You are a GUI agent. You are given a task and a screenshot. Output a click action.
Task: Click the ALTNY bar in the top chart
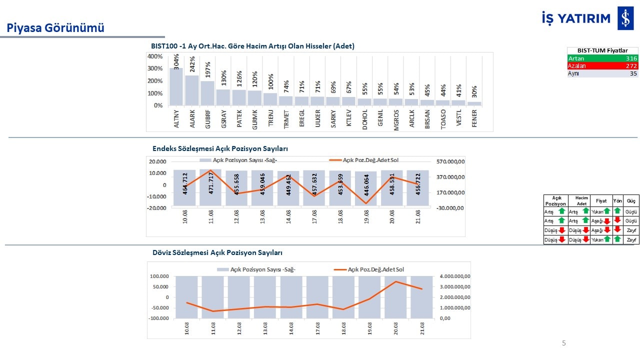[176, 86]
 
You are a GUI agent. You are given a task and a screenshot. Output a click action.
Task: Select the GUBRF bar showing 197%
[207, 93]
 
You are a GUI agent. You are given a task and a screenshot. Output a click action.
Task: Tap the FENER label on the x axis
[474, 118]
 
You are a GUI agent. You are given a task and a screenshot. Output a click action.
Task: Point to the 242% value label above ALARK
[192, 64]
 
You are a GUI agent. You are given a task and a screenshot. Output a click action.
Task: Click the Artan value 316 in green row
[631, 58]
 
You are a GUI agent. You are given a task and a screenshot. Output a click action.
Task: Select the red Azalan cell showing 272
[602, 66]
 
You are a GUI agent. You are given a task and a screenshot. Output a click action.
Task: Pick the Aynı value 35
[633, 73]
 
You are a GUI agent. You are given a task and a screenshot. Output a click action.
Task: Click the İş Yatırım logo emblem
[625, 18]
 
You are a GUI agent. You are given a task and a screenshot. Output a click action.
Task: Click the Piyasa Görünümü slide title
[55, 28]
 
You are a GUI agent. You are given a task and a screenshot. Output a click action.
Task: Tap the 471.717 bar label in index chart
[211, 183]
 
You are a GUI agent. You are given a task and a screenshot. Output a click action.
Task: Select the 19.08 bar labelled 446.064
[365, 188]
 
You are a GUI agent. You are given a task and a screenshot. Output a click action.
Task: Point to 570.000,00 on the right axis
[450, 161]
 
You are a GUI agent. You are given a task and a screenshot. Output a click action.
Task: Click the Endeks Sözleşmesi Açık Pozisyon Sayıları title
[220, 148]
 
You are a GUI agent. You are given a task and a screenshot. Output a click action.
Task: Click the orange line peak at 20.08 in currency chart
[395, 281]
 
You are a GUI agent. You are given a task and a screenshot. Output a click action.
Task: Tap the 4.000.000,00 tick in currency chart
[455, 276]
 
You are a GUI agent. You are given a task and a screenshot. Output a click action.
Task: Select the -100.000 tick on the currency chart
[158, 318]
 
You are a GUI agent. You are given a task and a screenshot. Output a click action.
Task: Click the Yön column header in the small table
[617, 201]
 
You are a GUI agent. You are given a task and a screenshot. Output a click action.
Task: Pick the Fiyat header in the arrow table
[601, 201]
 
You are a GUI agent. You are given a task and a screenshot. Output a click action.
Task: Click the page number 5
[563, 343]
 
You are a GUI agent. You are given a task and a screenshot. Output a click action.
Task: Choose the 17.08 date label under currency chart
[317, 328]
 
